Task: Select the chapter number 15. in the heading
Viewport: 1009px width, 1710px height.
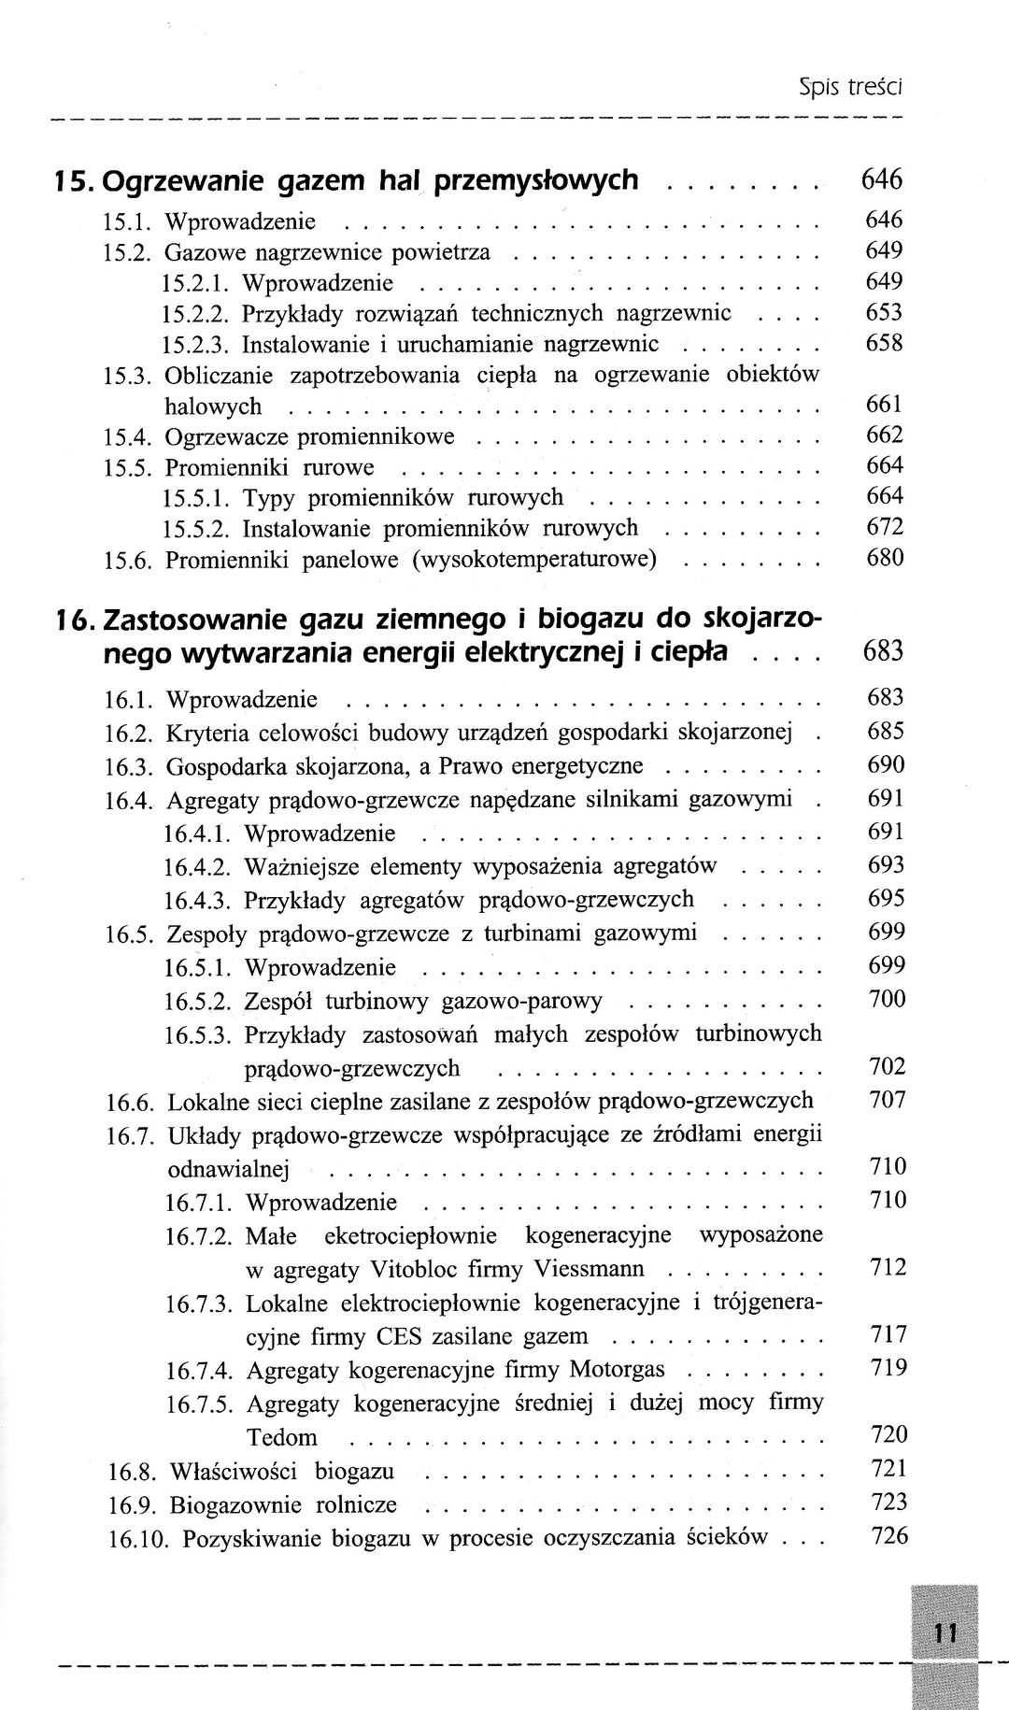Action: pos(72,179)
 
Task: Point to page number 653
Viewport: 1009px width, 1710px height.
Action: pos(884,312)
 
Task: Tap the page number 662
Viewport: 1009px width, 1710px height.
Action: pos(884,435)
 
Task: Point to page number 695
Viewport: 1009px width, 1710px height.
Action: pos(886,899)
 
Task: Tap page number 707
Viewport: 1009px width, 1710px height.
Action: pos(887,1100)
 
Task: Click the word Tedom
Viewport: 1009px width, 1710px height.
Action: pos(282,1437)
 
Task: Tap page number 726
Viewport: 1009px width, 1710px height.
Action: pos(888,1534)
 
